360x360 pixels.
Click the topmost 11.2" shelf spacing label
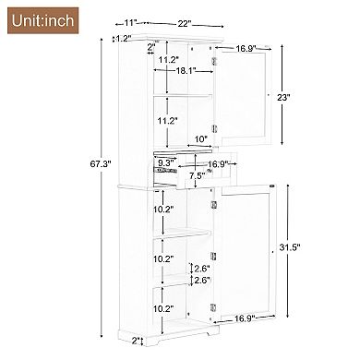(x=168, y=60)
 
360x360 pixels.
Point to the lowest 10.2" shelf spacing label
(x=164, y=308)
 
